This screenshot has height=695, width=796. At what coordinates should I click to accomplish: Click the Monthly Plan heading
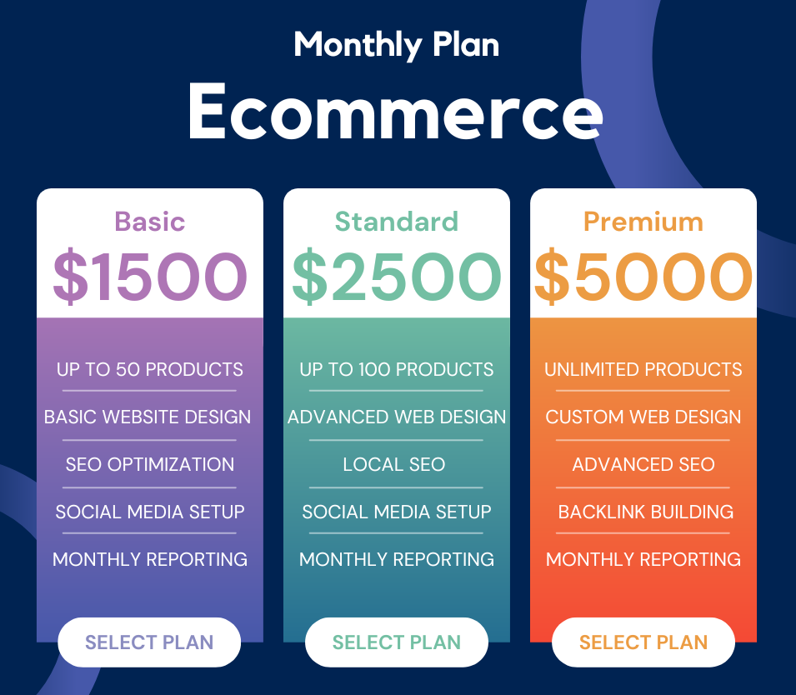click(x=397, y=45)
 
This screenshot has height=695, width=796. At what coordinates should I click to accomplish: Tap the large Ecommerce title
click(x=395, y=111)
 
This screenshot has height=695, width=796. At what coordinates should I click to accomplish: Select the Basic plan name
click(x=150, y=222)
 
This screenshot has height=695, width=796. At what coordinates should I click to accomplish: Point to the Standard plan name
click(x=397, y=222)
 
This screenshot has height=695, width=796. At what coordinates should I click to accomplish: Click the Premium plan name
click(x=643, y=222)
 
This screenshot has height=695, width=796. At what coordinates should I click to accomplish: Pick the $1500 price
click(x=150, y=276)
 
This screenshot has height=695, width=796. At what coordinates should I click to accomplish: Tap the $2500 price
click(x=397, y=276)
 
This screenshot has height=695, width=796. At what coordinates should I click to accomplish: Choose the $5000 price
click(x=643, y=276)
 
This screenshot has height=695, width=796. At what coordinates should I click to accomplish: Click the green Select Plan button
click(x=397, y=642)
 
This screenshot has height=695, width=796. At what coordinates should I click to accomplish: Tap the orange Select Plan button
click(x=643, y=642)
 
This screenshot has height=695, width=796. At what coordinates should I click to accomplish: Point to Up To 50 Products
click(x=150, y=369)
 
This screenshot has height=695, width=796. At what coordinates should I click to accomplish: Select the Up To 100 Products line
click(x=397, y=369)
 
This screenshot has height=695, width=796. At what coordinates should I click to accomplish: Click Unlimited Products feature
click(x=643, y=369)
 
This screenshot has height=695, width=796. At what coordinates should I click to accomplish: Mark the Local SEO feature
click(x=394, y=464)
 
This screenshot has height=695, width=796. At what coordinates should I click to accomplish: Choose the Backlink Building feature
click(x=646, y=512)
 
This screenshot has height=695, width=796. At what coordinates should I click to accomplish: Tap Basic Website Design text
click(x=148, y=417)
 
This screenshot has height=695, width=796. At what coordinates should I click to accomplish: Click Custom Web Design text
click(x=643, y=417)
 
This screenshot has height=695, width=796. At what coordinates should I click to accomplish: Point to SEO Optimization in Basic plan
click(x=150, y=464)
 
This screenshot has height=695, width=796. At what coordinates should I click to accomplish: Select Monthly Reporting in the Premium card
click(x=643, y=559)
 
